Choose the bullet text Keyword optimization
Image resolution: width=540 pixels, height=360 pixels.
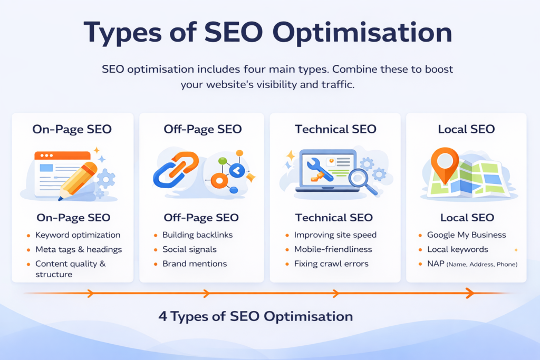click(x=78, y=235)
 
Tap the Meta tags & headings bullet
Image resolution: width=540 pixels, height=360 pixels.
click(x=79, y=249)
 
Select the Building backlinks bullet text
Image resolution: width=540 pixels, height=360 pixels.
click(x=197, y=235)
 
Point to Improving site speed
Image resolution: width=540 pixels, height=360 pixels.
click(x=335, y=235)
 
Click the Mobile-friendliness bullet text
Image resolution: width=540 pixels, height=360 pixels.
click(x=333, y=249)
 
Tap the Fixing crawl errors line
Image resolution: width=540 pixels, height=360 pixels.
click(x=331, y=264)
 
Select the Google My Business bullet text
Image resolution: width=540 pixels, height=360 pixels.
click(x=466, y=235)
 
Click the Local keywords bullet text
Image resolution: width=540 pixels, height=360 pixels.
click(x=458, y=249)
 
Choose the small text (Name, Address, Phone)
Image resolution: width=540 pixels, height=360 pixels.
click(x=482, y=264)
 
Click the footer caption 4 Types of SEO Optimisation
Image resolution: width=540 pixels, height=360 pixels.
click(x=256, y=316)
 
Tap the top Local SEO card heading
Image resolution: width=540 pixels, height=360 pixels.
click(x=466, y=129)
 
